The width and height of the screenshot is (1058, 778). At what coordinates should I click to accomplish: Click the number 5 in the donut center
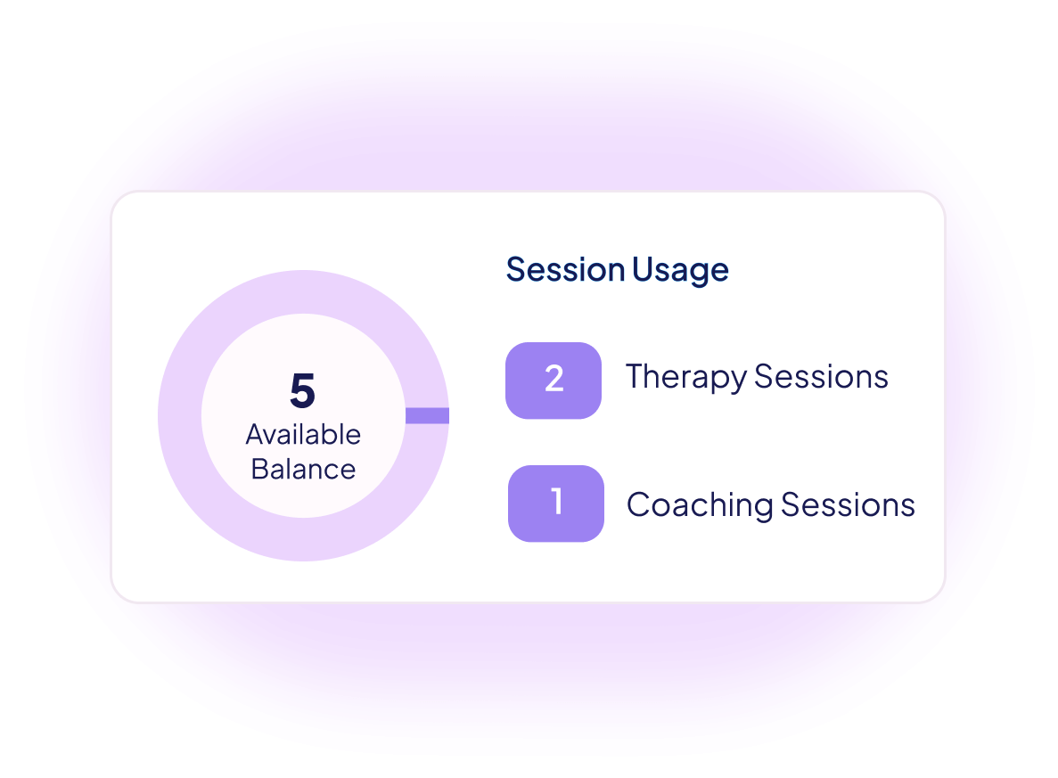point(303,390)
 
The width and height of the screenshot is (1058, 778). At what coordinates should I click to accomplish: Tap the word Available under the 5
point(303,435)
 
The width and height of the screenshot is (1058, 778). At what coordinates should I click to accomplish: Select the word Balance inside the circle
point(303,469)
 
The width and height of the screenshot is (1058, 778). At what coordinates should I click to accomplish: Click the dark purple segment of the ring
point(427,415)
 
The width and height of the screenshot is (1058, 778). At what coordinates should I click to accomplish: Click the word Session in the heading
point(565,270)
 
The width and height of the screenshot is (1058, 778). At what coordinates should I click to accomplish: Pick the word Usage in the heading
point(680,271)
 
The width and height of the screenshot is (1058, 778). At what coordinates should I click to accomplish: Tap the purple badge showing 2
point(554,381)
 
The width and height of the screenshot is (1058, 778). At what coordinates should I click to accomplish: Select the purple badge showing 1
point(556,504)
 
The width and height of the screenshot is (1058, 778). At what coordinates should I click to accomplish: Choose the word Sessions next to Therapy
point(821,376)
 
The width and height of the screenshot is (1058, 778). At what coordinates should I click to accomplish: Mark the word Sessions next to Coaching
point(849,504)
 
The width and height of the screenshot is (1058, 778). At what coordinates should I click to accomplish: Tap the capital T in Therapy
point(637,376)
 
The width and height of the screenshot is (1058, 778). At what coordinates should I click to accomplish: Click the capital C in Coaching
point(640,504)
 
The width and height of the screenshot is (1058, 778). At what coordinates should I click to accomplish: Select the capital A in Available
point(258,435)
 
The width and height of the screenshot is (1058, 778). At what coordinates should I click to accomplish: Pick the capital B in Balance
point(261,469)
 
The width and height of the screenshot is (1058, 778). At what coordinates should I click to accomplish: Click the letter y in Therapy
point(736,382)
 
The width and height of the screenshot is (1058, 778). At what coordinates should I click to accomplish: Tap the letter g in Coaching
point(762,510)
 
